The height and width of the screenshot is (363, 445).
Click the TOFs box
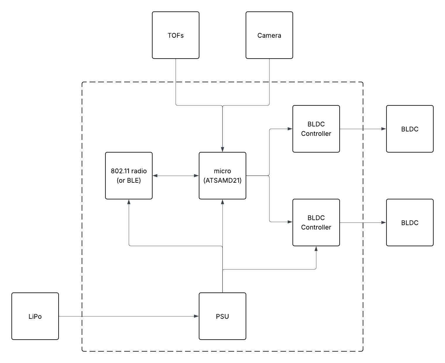point(176,35)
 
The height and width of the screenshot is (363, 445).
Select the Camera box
point(269,35)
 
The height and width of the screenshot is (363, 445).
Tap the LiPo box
point(35,316)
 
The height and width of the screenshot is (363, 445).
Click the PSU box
point(222,316)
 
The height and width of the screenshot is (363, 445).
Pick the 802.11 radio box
point(129,176)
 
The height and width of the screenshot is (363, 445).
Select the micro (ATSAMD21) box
point(222,176)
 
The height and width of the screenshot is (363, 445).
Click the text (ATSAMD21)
point(222,181)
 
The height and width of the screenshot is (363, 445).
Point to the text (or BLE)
point(129,181)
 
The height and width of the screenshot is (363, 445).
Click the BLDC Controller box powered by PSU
point(316,222)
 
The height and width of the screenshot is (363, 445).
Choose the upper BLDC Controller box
point(316,129)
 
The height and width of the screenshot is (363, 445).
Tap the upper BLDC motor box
point(410,129)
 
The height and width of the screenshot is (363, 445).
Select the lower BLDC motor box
point(410,222)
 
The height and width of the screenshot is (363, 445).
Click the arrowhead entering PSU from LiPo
point(196,316)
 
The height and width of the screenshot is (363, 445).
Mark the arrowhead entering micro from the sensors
point(222,150)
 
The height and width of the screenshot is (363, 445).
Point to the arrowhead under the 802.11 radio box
point(129,202)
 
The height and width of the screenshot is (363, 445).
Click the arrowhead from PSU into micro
point(222,202)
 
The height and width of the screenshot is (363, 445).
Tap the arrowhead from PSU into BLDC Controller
point(316,249)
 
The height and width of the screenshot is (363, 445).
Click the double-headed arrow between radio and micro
point(176,176)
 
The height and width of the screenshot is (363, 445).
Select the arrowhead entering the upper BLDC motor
point(384,129)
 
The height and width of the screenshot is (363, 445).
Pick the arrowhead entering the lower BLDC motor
point(384,222)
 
